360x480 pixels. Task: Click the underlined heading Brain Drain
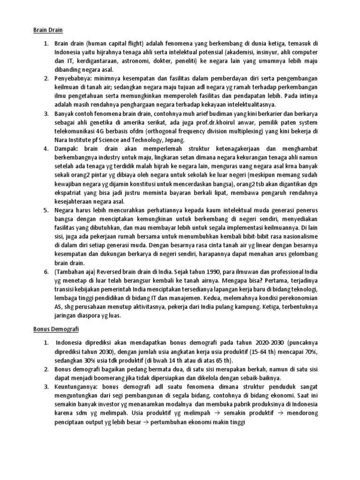(x=47, y=30)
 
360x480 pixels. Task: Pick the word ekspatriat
(x=70, y=193)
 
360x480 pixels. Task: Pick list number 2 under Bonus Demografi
(x=46, y=370)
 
